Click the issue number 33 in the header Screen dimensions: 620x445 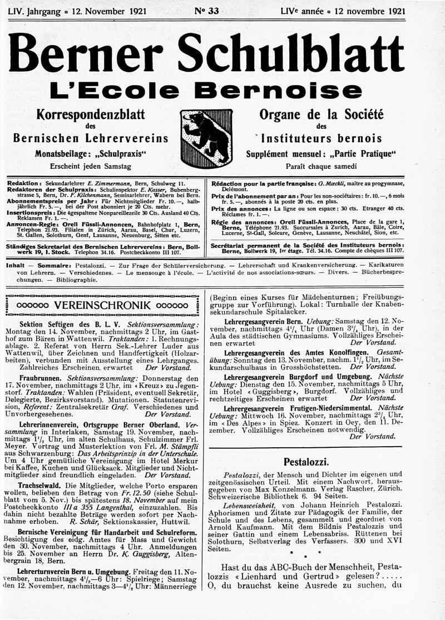pos(206,10)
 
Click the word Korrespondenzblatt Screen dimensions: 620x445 pos(90,115)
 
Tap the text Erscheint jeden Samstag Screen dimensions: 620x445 pos(90,167)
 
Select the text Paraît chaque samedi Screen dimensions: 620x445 pos(322,167)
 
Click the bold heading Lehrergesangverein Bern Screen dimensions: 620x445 pos(255,322)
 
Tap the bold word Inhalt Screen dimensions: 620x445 pos(15,266)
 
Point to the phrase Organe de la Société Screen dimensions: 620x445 pos(322,115)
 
